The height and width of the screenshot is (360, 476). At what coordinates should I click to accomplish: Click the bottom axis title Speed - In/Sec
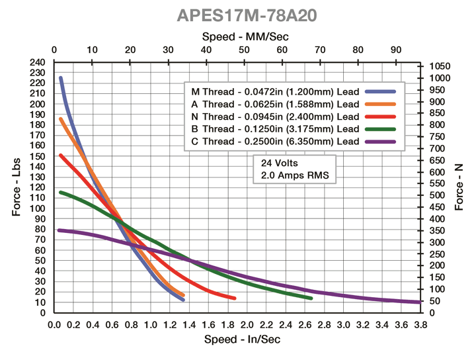pos(237,339)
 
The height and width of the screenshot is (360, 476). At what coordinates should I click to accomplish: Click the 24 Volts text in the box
pos(280,163)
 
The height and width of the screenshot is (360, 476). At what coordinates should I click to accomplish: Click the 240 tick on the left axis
pos(38,62)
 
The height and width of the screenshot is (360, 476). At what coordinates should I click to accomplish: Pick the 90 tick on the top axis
pos(396,50)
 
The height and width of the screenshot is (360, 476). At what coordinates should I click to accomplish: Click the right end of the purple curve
pos(419,302)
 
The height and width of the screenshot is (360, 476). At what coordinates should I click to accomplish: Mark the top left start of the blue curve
pos(61,78)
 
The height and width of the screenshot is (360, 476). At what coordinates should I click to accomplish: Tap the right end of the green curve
pos(311,298)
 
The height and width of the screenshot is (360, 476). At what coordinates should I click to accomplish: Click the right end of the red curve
pos(234,298)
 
